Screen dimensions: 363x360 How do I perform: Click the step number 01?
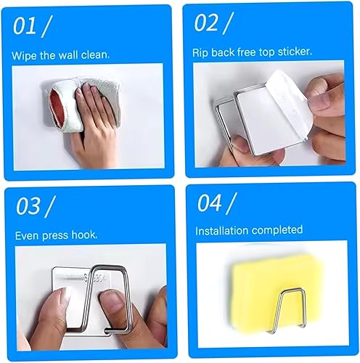click(25, 27)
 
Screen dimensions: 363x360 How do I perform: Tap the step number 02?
click(207, 24)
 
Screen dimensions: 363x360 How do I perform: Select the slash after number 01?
click(49, 27)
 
